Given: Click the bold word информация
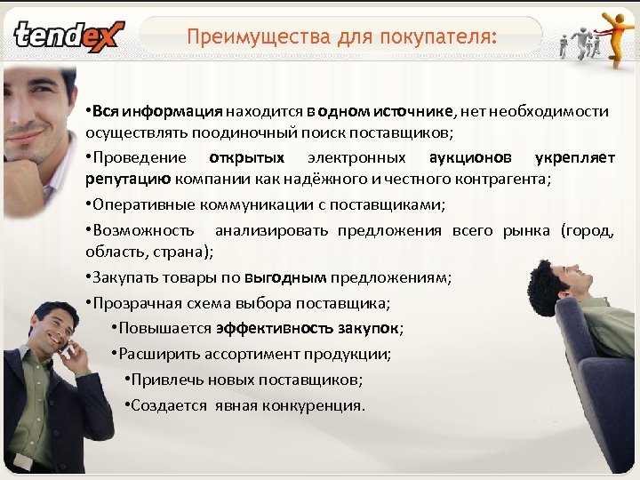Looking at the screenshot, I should coord(172,112).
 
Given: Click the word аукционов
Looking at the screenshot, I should coord(469,158).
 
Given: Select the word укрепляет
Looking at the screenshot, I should coord(574,158).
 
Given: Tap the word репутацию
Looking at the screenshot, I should coord(121,179).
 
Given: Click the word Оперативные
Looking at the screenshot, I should coord(143,204).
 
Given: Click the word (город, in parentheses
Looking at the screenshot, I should coord(587,231).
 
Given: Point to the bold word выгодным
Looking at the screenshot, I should coord(292,277).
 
